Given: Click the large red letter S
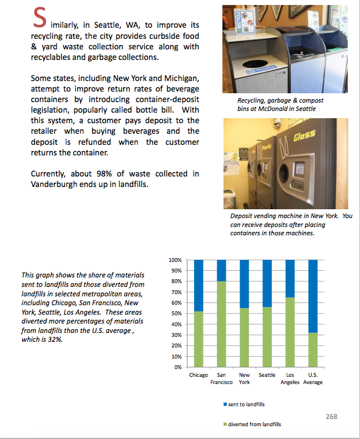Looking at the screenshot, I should pos(39,18).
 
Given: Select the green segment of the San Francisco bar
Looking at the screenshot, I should pos(221,324).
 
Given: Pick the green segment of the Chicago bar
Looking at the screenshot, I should pos(199,339).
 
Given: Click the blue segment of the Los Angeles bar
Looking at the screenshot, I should pos(290,278).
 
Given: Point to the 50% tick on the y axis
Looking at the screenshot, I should pos(175,314).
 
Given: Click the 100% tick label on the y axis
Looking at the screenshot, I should pos(174,260).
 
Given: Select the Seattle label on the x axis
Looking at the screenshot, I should pos(267,375).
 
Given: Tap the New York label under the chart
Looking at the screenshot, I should pos(244,379).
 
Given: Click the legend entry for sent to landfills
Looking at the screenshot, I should pos(246,405).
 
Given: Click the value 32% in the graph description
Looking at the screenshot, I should pos(55,340).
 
